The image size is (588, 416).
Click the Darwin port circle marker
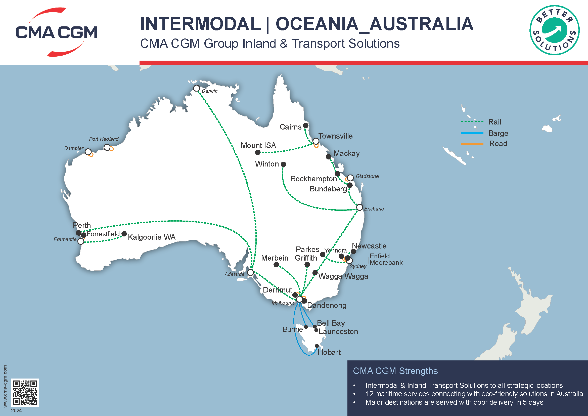[x=196, y=88]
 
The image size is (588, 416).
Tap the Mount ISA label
[x=258, y=145]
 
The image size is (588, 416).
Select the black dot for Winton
[x=283, y=164]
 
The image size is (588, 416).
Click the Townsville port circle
[x=316, y=141]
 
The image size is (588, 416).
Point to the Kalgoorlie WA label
[x=152, y=237]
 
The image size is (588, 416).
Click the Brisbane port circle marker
[x=359, y=207]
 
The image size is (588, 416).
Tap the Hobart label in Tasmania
[x=329, y=352]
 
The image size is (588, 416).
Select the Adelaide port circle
[x=250, y=273]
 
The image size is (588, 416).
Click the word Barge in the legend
[x=498, y=133]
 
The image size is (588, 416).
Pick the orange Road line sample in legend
[x=472, y=144]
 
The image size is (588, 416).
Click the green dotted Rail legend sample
[x=472, y=122]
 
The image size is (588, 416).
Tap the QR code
[x=25, y=392]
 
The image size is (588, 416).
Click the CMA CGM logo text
[x=56, y=32]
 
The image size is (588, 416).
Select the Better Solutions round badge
[x=554, y=30]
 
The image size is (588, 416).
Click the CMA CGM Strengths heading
[x=395, y=371]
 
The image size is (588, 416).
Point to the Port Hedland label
[x=104, y=139]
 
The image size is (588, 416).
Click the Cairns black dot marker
[x=305, y=126]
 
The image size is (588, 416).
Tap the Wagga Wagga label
[x=343, y=276]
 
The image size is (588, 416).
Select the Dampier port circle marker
[x=88, y=152]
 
